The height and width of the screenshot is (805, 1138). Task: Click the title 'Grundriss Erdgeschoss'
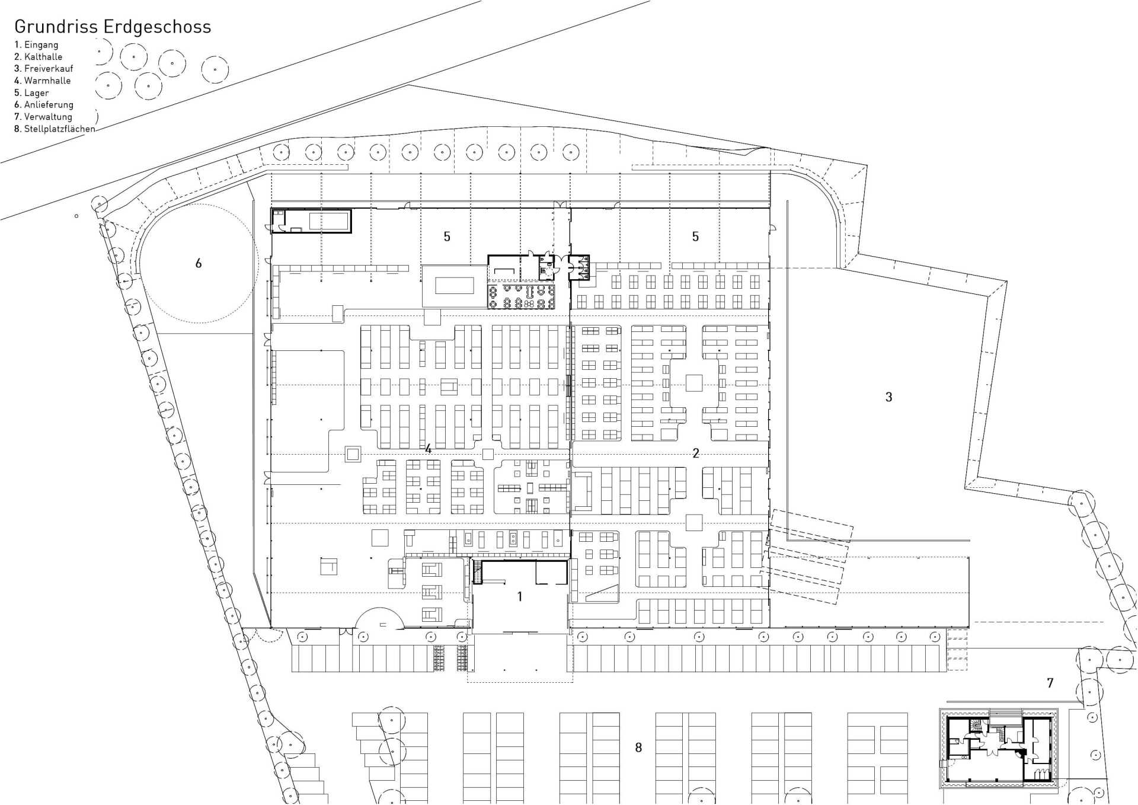tap(113, 27)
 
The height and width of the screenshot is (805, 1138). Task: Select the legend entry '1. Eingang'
tap(36, 45)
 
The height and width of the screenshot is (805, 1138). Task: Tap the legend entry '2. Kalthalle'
tap(38, 57)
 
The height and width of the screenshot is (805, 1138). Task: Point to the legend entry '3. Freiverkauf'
tap(44, 69)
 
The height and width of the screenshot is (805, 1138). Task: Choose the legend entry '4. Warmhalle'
tap(42, 81)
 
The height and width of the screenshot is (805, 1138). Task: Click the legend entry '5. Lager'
tap(31, 93)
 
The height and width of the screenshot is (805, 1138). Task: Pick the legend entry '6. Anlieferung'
tap(44, 105)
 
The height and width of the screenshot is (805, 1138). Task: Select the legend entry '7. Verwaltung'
tap(43, 117)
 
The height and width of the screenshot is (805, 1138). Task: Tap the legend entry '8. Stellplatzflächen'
tap(55, 129)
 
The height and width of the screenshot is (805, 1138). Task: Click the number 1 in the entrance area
tap(520, 596)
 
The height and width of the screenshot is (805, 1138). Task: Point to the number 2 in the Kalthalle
tap(696, 453)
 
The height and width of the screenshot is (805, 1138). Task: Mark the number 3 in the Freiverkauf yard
tap(888, 397)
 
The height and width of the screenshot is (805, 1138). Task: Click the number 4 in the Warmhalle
tap(429, 449)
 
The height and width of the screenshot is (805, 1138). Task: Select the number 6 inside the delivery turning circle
tap(199, 263)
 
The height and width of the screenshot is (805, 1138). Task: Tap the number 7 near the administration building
tap(1050, 683)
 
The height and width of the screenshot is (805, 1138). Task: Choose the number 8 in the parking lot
tap(638, 747)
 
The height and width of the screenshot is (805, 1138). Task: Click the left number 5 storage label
tap(447, 237)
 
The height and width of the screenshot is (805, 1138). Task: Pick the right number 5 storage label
tap(695, 237)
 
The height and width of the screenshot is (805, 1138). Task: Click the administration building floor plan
tap(999, 749)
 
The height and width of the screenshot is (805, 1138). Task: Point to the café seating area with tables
tap(522, 296)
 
